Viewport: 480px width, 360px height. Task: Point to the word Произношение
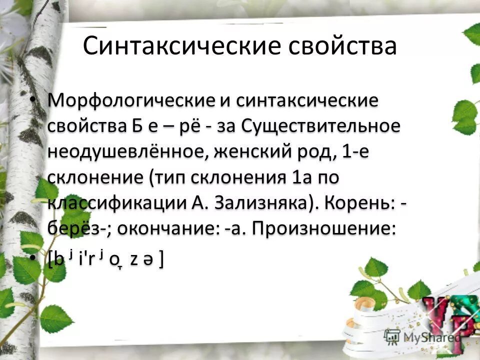(323, 229)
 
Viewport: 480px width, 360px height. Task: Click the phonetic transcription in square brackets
(105, 258)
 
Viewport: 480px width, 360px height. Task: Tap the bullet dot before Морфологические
(32, 100)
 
